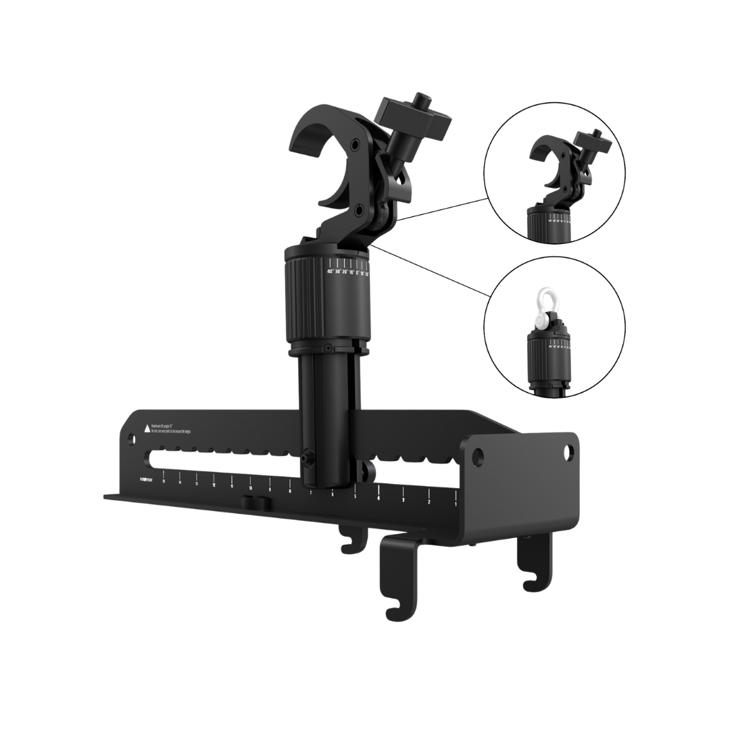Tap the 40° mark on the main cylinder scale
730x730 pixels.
(331, 271)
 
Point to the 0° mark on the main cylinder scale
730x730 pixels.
(358, 273)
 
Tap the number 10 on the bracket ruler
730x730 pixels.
(250, 487)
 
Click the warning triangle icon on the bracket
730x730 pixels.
(146, 429)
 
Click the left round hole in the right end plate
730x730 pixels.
(479, 454)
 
